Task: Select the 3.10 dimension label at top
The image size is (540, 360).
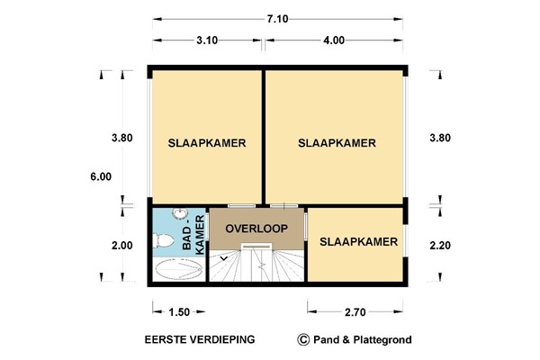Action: [207, 40]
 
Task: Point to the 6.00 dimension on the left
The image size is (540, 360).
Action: [100, 177]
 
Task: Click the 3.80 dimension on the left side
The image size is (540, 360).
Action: [122, 139]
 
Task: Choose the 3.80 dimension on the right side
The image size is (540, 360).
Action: [440, 139]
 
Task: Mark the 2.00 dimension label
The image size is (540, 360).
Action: [122, 245]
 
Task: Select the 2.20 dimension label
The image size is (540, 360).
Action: [440, 245]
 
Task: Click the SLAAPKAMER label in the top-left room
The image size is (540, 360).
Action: [207, 143]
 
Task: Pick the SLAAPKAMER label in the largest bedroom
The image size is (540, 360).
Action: [336, 143]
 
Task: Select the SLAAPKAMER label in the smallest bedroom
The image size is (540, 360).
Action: [358, 241]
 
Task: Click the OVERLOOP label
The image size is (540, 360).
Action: [256, 229]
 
